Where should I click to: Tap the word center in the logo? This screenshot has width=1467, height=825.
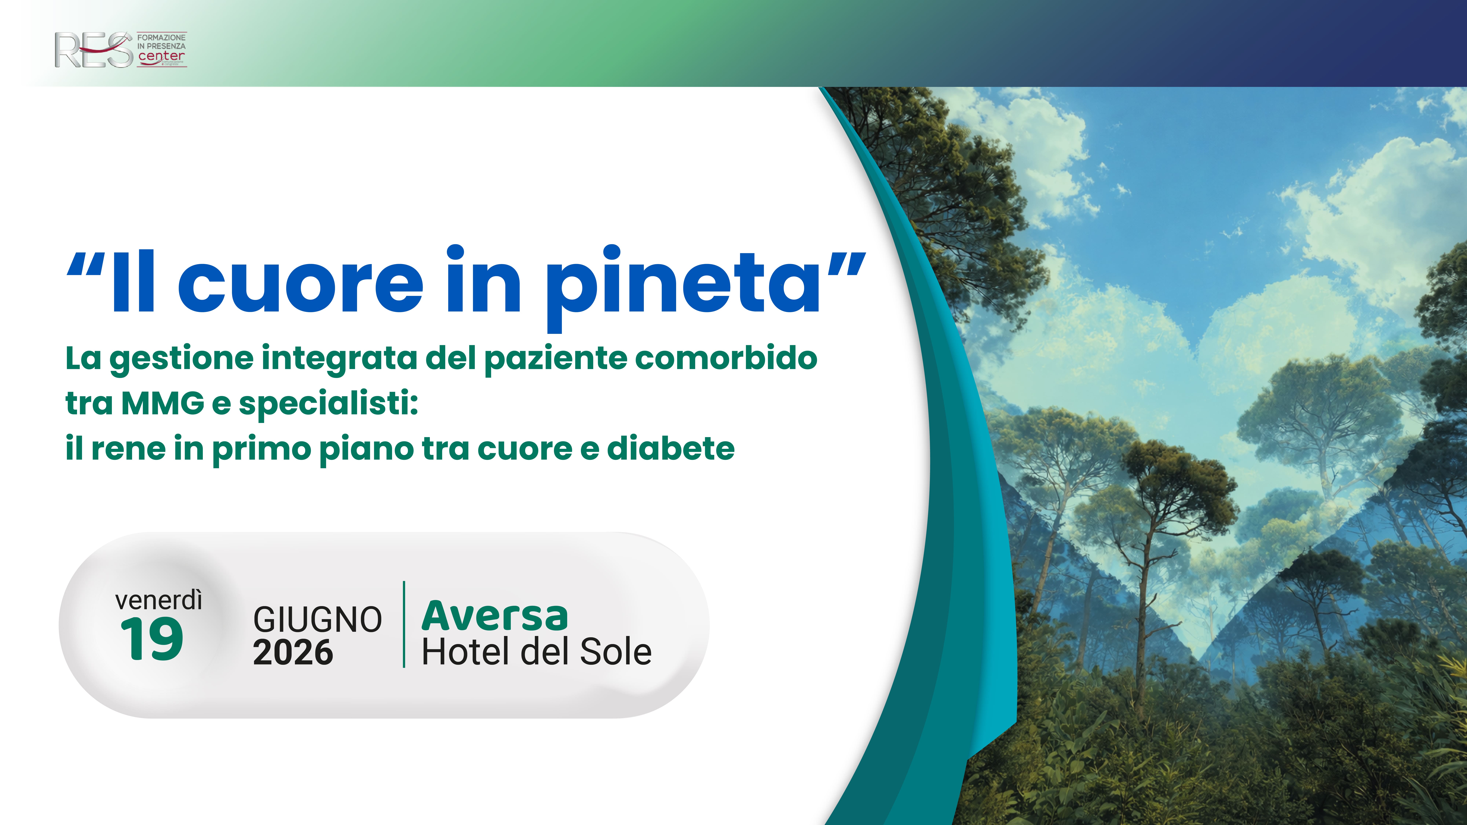pyautogui.click(x=161, y=56)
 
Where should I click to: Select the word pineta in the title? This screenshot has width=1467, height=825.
pyautogui.click(x=682, y=285)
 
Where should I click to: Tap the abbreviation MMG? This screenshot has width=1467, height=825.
pyautogui.click(x=163, y=403)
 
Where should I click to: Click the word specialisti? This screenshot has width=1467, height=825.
pyautogui.click(x=328, y=404)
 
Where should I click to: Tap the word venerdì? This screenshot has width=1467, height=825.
pyautogui.click(x=158, y=600)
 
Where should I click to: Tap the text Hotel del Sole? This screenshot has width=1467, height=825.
pyautogui.click(x=536, y=652)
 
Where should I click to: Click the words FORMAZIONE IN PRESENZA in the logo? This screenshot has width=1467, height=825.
pyautogui.click(x=161, y=42)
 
